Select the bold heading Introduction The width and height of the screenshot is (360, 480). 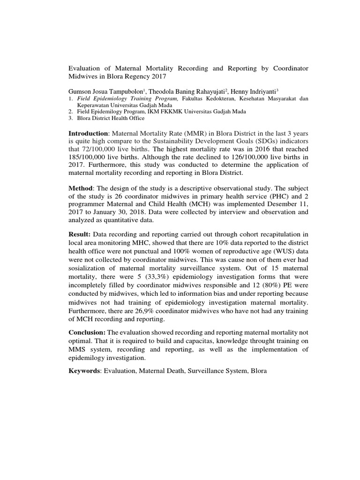(89, 135)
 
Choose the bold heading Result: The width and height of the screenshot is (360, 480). (80, 234)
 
